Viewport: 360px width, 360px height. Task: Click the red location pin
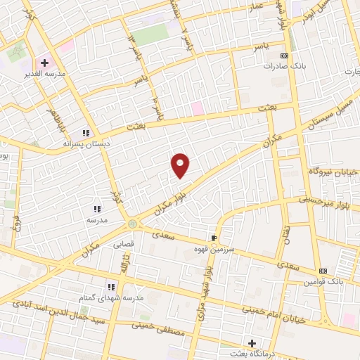pos(181,165)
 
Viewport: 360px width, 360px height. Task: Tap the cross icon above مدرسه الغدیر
pos(45,63)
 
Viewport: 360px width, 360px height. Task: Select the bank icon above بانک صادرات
pos(284,56)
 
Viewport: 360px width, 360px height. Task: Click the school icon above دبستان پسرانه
pos(86,133)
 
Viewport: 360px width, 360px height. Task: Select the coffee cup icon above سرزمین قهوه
pos(214,238)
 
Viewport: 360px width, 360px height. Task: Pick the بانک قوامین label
pos(323,281)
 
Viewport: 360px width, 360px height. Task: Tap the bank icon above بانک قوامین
pos(323,271)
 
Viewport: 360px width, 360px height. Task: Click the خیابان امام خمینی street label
pos(274,314)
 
